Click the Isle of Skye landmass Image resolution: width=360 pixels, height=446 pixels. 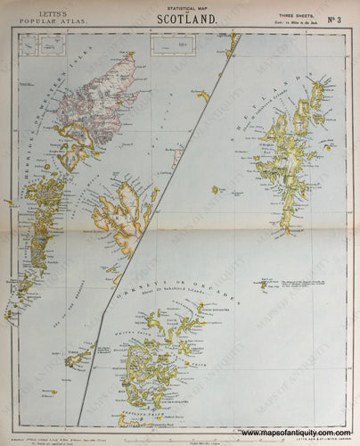pos(125,214)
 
